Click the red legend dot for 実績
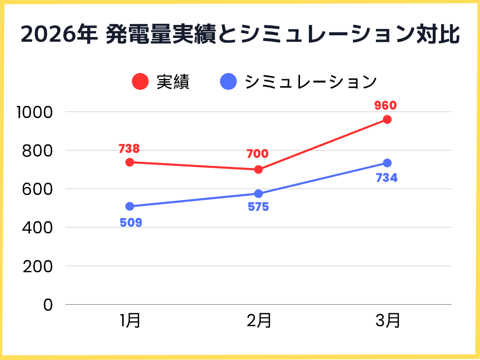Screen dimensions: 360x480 pyautogui.click(x=141, y=82)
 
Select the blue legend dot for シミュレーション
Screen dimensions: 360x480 pyautogui.click(x=228, y=82)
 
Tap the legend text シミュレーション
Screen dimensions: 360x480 pyautogui.click(x=311, y=82)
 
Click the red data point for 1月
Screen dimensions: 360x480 pyautogui.click(x=130, y=162)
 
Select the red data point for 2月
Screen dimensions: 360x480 pyautogui.click(x=258, y=169)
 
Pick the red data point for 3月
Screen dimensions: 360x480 pyautogui.click(x=387, y=120)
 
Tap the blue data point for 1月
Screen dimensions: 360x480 pyautogui.click(x=130, y=206)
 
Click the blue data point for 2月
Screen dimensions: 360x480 pyautogui.click(x=258, y=194)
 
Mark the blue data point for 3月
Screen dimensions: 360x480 pyautogui.click(x=387, y=163)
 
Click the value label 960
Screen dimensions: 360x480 pyautogui.click(x=385, y=105)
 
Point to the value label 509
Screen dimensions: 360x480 pyautogui.click(x=131, y=222)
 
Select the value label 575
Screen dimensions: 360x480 pyautogui.click(x=258, y=207)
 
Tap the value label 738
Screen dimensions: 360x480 pyautogui.click(x=129, y=149)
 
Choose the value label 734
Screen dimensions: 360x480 pyautogui.click(x=387, y=178)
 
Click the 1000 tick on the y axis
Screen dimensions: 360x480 pyautogui.click(x=36, y=112)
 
